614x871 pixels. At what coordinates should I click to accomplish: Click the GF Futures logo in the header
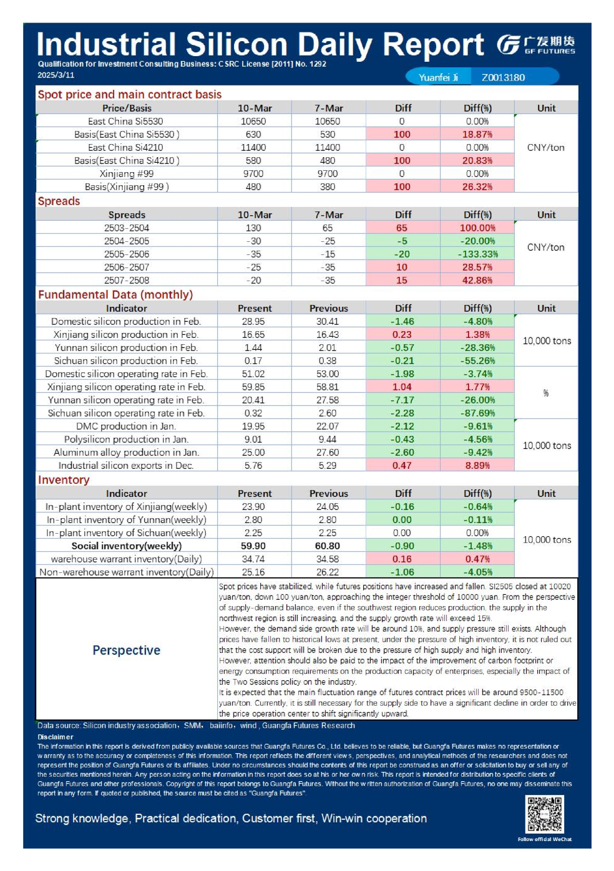point(535,45)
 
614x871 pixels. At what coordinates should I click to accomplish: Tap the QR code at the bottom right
point(544,814)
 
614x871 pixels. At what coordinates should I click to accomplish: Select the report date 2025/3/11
point(56,75)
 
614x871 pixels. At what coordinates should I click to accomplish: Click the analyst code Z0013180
point(503,77)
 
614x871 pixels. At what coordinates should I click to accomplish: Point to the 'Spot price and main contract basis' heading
point(129,94)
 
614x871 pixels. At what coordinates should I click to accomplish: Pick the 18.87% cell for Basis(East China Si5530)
point(477,134)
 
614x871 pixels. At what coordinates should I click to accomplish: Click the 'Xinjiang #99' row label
point(127,173)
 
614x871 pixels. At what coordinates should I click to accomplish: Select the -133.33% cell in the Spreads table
point(477,254)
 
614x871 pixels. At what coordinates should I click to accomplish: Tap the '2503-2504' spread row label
point(127,228)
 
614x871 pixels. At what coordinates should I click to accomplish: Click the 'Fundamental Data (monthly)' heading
point(115,294)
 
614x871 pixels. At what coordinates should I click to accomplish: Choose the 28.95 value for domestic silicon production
point(253,321)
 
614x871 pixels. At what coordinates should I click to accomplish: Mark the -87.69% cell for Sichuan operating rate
point(477,413)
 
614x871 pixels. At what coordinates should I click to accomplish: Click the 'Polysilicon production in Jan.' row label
point(127,439)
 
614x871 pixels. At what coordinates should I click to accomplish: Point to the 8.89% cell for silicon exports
point(477,465)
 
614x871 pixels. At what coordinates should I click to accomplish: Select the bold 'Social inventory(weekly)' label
point(127,546)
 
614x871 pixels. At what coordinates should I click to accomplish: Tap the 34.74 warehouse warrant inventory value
point(253,559)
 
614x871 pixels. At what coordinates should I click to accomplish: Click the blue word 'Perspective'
point(127,650)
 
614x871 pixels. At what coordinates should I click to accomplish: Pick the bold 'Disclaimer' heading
point(55,736)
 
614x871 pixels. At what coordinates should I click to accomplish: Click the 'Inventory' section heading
point(64,479)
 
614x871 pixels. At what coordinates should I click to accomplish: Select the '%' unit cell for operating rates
point(546,393)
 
